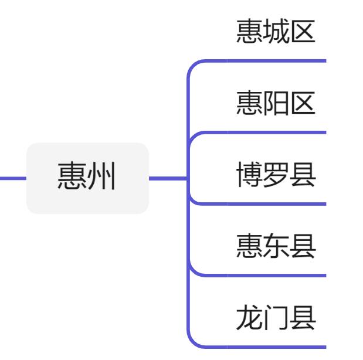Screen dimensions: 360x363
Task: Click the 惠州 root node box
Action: (87, 178)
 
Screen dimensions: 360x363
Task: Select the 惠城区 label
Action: (276, 33)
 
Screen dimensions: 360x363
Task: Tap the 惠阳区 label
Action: (276, 104)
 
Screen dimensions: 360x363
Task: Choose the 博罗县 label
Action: (276, 175)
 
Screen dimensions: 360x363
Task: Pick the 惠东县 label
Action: (276, 247)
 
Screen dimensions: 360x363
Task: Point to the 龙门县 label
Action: (276, 318)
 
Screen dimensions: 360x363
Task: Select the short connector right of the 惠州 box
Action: (167, 178)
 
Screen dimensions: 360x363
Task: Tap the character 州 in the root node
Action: (101, 178)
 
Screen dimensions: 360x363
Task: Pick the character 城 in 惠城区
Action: (276, 33)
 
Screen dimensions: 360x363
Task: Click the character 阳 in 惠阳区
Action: (276, 104)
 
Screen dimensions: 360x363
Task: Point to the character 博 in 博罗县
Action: (249, 175)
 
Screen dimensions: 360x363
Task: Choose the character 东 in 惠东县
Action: (276, 247)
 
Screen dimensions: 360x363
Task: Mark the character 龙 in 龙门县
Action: (249, 318)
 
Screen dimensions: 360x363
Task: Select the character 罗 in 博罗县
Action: (276, 175)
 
